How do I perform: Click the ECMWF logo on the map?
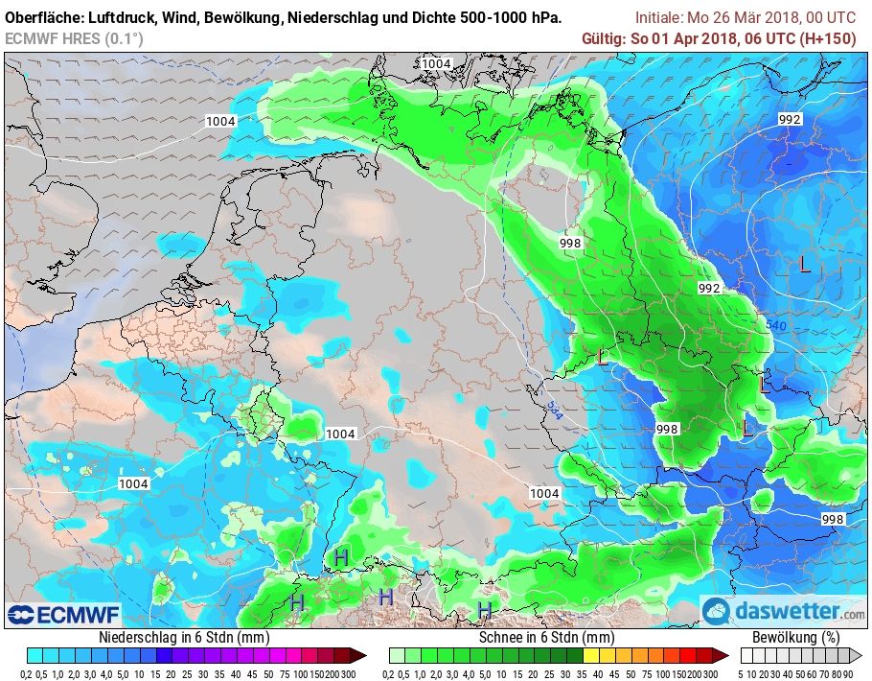(x=51, y=614)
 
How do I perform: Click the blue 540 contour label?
(x=775, y=326)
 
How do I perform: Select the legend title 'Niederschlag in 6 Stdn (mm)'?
(x=183, y=637)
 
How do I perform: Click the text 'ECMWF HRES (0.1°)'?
(x=74, y=37)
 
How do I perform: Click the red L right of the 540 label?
(x=804, y=266)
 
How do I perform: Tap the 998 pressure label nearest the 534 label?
(x=667, y=429)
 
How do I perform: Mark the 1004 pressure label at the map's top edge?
(x=436, y=63)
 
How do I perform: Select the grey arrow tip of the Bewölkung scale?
(x=858, y=655)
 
